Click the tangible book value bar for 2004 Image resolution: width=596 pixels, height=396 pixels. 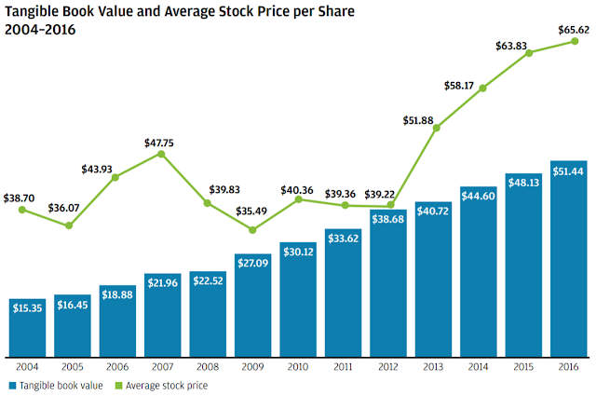(28, 325)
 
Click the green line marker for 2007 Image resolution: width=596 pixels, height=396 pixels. (163, 154)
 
